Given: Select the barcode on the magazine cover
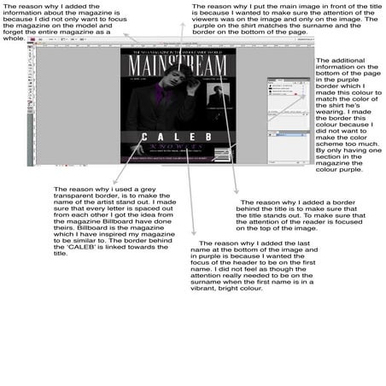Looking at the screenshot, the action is pyautogui.click(x=224, y=155).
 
